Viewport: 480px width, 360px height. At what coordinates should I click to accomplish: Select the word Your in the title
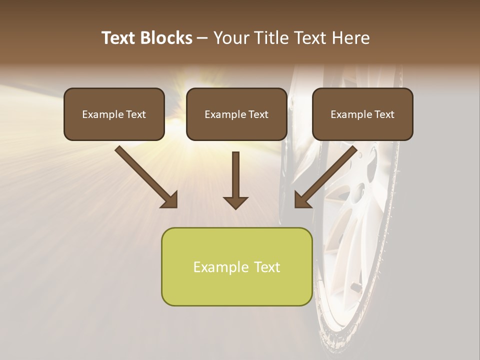[232, 38]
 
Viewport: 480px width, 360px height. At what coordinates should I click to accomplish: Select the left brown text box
[114, 114]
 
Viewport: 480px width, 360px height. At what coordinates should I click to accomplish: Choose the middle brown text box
[236, 114]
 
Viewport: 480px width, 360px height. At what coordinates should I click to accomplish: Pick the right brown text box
[362, 114]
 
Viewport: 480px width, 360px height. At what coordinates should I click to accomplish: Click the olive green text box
[236, 266]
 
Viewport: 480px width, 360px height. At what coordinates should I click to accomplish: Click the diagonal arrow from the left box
[145, 176]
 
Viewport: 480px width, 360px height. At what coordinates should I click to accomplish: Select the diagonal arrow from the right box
[326, 176]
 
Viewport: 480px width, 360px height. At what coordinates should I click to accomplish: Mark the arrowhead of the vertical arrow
[235, 202]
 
